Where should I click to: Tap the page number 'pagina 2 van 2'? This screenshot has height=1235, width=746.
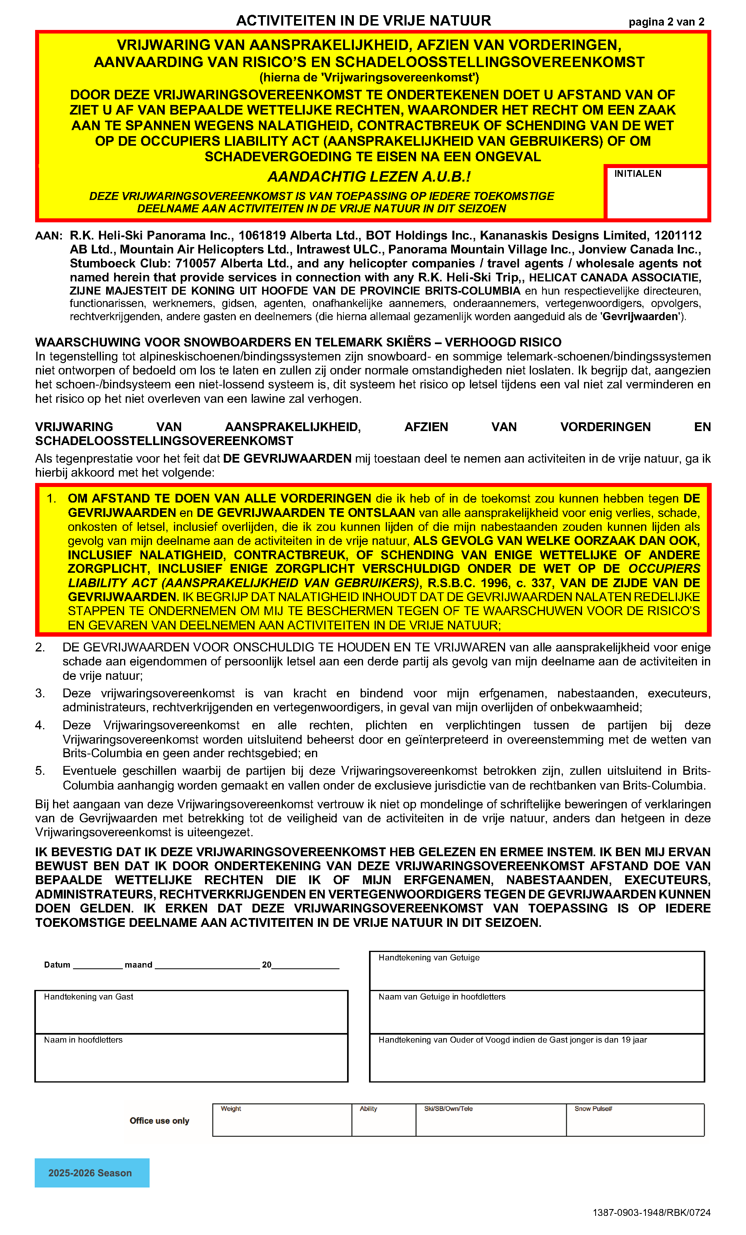coord(666,22)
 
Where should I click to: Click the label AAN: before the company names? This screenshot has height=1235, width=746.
coord(49,236)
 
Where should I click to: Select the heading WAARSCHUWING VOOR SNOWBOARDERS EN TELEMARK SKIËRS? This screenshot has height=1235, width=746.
coord(298,342)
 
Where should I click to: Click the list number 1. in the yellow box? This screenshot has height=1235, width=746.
coord(51,499)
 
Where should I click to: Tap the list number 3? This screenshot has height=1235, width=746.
coord(40,693)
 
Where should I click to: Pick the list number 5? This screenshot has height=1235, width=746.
coord(40,771)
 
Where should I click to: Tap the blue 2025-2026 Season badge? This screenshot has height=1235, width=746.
coord(92,1173)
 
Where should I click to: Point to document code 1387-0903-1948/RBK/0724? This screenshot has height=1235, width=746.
coord(651,1212)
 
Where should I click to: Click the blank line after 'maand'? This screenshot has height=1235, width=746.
coord(207,965)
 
